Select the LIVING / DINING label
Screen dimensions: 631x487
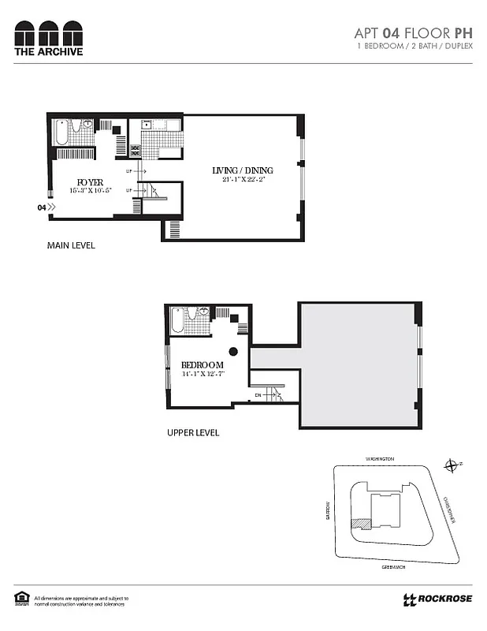[x=243, y=170]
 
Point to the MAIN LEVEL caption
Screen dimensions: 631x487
[x=71, y=245]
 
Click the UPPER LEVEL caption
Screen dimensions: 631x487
[x=193, y=433]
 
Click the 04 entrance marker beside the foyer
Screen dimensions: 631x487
[x=42, y=207]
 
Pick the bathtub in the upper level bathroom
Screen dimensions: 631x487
[x=178, y=322]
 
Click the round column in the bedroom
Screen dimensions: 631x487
[x=233, y=351]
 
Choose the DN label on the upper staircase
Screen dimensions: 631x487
[x=257, y=394]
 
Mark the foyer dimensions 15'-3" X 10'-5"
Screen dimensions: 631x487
[x=91, y=190]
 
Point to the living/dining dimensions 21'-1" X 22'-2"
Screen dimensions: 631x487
[x=243, y=180]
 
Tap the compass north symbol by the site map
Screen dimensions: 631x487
[x=452, y=465]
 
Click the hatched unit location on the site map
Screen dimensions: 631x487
[x=361, y=522]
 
